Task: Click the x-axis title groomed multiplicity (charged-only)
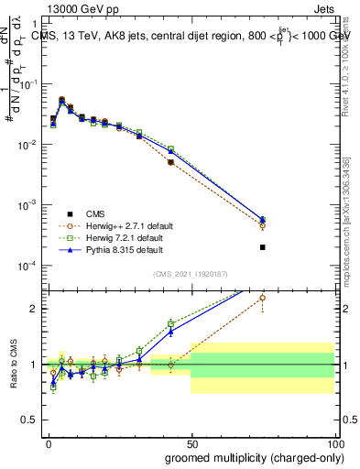(x=241, y=457)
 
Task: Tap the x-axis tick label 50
(x=192, y=442)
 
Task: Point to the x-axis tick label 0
(x=49, y=442)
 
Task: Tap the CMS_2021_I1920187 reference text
(x=191, y=274)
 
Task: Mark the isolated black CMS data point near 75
(x=263, y=247)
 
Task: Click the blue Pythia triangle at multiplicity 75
(x=263, y=219)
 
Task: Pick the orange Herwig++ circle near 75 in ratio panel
(x=263, y=298)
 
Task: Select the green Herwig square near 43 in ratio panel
(x=171, y=323)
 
